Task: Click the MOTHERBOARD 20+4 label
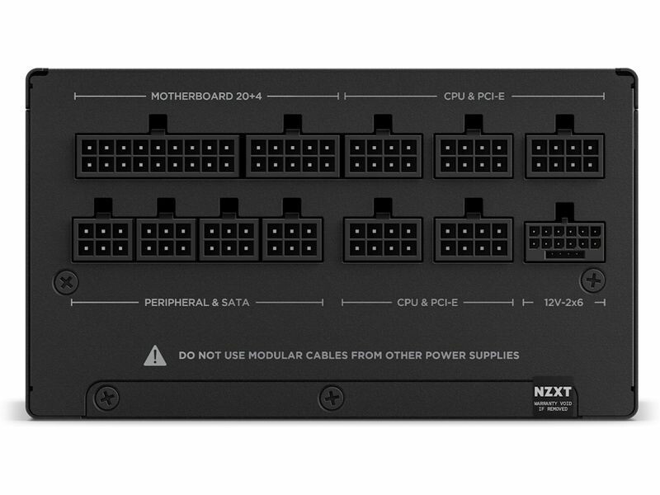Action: [206, 96]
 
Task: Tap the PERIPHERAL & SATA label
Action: [197, 302]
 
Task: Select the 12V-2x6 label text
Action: [563, 302]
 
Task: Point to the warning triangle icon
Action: [155, 356]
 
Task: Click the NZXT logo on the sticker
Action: [553, 391]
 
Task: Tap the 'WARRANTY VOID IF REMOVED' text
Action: [553, 406]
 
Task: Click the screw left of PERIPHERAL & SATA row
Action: [66, 282]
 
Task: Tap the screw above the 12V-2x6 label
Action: [593, 280]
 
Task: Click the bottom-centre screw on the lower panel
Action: [332, 398]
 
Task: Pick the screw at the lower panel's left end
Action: [106, 398]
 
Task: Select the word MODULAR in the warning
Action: [276, 356]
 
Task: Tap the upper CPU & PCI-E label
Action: [474, 96]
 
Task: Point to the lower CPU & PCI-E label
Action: [427, 302]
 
